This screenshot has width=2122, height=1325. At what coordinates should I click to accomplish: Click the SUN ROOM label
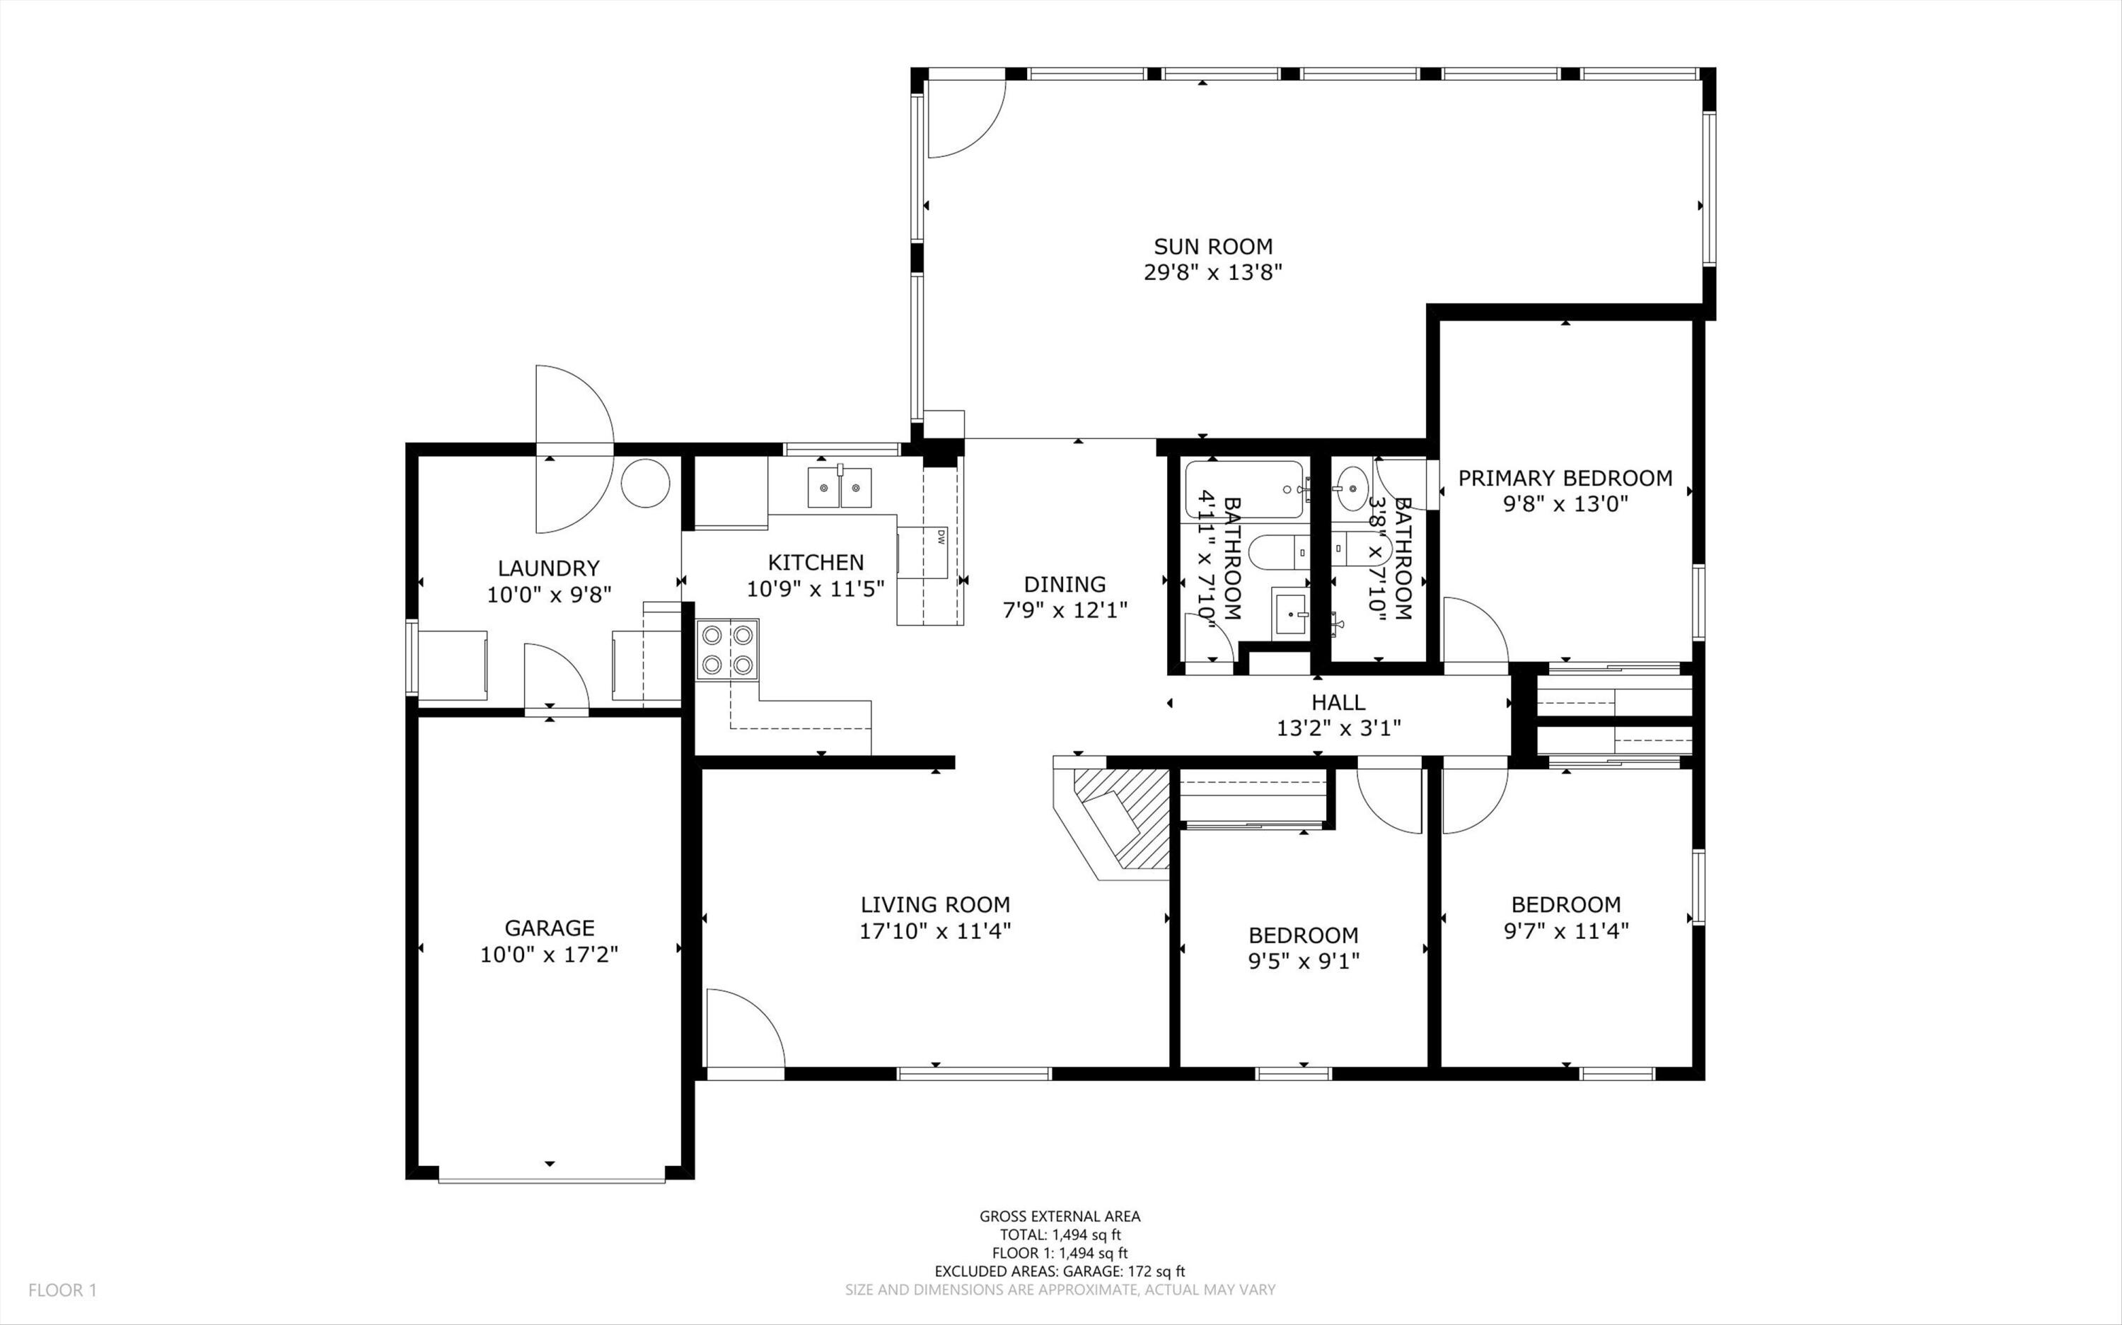(1213, 247)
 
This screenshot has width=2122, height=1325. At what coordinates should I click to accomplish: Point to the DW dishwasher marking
(941, 537)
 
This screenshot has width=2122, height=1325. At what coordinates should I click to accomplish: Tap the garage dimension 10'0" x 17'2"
(550, 955)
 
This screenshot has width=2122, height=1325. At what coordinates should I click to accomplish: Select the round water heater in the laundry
(646, 483)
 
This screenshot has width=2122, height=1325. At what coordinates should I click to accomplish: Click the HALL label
(1338, 702)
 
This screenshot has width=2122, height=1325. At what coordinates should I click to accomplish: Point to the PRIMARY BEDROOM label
(1565, 479)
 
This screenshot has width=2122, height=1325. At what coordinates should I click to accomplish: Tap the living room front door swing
(745, 1028)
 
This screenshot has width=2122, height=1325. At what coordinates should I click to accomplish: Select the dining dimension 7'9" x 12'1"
(1065, 610)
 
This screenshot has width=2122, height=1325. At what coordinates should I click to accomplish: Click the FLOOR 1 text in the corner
(62, 1290)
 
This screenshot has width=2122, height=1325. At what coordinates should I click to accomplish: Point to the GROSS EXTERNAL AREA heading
(1060, 1215)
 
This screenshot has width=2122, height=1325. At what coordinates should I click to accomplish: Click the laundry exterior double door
(575, 449)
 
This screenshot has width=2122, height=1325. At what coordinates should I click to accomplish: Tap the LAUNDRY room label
(549, 568)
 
